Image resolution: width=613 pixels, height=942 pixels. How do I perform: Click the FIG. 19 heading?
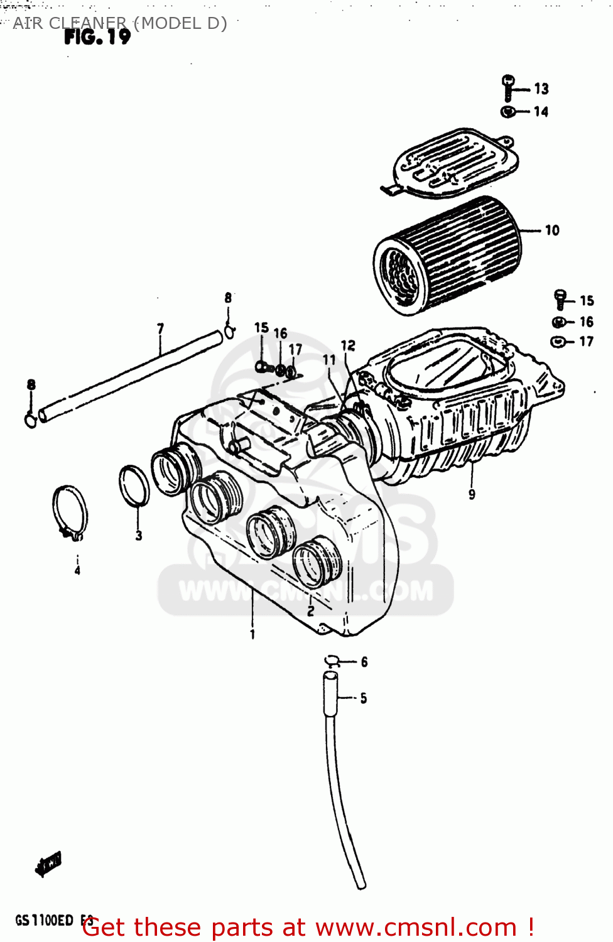pyautogui.click(x=97, y=37)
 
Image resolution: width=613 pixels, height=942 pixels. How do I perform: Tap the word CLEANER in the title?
pyautogui.click(x=87, y=23)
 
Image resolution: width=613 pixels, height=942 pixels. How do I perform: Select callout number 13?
pyautogui.click(x=541, y=89)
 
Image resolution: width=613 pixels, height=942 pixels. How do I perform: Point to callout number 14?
pyautogui.click(x=541, y=112)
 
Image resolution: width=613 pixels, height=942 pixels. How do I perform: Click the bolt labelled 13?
pyautogui.click(x=508, y=87)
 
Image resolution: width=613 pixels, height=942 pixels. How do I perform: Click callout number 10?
pyautogui.click(x=552, y=230)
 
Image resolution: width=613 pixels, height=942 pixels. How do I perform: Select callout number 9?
pyautogui.click(x=472, y=495)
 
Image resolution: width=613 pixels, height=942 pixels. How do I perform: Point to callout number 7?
pyautogui.click(x=160, y=328)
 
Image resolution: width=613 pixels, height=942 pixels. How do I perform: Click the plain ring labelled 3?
pyautogui.click(x=134, y=486)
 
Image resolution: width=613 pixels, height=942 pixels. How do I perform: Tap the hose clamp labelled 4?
pyautogui.click(x=70, y=511)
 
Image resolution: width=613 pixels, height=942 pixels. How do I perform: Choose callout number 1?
pyautogui.click(x=252, y=634)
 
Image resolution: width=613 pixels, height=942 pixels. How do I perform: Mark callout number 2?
pyautogui.click(x=310, y=610)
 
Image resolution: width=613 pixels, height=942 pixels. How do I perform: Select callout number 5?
pyautogui.click(x=364, y=698)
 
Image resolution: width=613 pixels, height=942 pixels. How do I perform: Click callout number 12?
pyautogui.click(x=348, y=345)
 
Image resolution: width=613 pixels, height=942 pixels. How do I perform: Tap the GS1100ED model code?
pyautogui.click(x=44, y=921)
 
